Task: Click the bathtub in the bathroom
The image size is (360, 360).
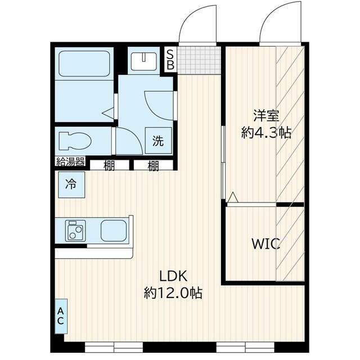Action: pos(84,64)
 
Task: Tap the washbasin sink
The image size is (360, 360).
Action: pos(144,61)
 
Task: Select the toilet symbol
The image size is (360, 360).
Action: pos(75,141)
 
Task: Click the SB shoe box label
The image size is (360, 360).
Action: pos(170,60)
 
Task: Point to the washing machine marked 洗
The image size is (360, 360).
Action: pos(159,141)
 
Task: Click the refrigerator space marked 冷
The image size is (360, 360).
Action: pos(71,184)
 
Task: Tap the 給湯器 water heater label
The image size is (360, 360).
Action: pos(70,161)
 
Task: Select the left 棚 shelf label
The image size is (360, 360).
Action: pos(109,165)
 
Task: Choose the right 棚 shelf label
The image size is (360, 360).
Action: pos(153,165)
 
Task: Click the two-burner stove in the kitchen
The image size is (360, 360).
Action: pos(75,231)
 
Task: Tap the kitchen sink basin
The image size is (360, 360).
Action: pos(114,231)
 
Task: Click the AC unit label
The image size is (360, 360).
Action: pos(61,316)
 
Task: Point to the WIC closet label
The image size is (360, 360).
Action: pos(266,244)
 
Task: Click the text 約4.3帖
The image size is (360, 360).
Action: pos(266,133)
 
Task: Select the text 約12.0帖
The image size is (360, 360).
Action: pos(173,292)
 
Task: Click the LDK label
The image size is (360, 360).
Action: pos(173,276)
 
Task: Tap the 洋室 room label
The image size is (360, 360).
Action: pos(266,116)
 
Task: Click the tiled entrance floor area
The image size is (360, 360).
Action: pos(199,60)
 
